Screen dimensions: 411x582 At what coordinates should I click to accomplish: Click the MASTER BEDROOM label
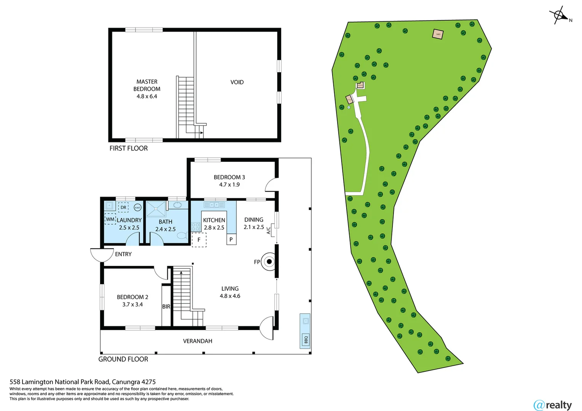tap(147, 89)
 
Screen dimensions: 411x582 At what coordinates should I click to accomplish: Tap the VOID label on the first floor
tap(237, 82)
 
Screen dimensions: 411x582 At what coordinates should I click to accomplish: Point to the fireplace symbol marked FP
tap(269, 261)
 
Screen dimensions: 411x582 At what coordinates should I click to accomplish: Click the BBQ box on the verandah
tap(305, 339)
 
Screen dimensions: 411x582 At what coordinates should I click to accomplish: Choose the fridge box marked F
tap(199, 240)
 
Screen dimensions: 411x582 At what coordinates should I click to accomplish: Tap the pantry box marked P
tap(231, 239)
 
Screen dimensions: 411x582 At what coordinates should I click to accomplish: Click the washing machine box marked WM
tap(110, 219)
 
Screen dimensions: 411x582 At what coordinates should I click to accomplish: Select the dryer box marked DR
tap(123, 207)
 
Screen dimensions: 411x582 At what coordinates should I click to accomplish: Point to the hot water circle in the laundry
tap(138, 207)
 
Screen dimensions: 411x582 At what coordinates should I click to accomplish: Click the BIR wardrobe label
tap(166, 306)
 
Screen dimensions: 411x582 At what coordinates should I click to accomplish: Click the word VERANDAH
tap(198, 341)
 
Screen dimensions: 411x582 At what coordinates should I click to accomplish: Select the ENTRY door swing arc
tap(102, 255)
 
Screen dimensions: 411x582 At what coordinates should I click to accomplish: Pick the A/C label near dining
tap(269, 230)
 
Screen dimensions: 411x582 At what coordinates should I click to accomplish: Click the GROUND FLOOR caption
tap(123, 359)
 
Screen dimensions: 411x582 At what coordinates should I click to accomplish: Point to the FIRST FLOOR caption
tap(128, 148)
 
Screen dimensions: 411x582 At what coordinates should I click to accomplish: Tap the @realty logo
tap(553, 405)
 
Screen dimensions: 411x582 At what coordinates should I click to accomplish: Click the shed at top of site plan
tap(438, 34)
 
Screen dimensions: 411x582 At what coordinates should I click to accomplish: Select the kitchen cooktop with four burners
tap(196, 227)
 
